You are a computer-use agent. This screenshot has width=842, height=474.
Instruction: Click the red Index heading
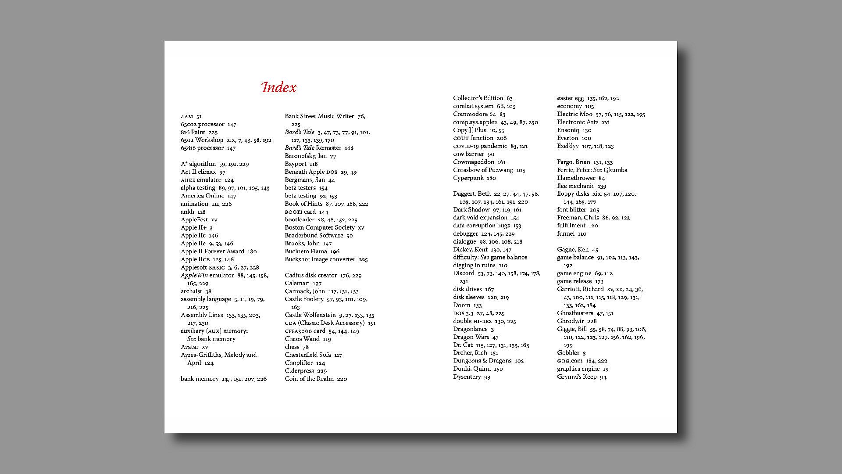(278, 87)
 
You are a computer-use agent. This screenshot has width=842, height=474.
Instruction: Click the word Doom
(461, 305)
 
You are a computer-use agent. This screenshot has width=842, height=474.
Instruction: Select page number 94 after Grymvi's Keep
(603, 377)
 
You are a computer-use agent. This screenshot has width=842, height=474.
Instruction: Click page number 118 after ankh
(201, 212)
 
